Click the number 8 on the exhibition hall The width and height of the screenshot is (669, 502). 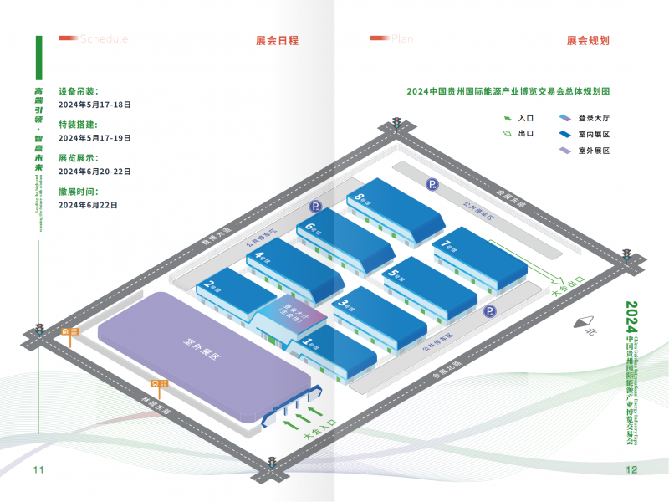click(359, 198)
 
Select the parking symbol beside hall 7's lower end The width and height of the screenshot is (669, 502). click(495, 311)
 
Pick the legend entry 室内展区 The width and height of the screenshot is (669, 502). click(594, 135)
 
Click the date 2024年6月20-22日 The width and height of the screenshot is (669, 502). click(94, 171)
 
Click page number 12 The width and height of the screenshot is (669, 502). click(631, 469)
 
